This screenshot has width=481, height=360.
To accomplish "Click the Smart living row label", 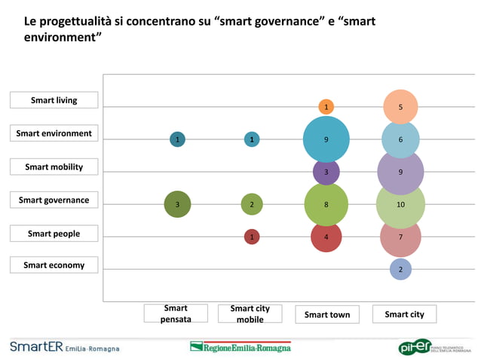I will click(54, 100).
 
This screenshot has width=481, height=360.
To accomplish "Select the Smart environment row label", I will click(54, 133).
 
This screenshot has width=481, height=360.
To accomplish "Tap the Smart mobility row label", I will click(54, 166).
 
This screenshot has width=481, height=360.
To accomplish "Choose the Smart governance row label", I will click(54, 200).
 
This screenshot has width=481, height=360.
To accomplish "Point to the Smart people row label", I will click(54, 233).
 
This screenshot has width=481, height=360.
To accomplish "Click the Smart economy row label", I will click(54, 265).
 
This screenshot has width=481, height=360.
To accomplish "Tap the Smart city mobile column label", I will click(250, 314).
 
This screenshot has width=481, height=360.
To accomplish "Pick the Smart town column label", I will click(327, 314).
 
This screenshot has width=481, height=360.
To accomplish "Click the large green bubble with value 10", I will click(400, 204).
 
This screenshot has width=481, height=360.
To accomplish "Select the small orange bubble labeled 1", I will click(326, 107).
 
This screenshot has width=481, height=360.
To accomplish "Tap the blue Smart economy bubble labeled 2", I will click(400, 269).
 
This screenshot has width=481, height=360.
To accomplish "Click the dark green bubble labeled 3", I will click(177, 204).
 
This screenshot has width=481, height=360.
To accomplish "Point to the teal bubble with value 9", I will click(326, 139).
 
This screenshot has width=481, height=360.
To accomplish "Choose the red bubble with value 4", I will click(326, 236).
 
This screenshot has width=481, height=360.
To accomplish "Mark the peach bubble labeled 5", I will click(400, 107).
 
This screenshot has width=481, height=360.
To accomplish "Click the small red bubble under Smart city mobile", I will click(252, 236).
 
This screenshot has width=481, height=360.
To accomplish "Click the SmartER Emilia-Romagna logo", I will click(64, 347).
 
